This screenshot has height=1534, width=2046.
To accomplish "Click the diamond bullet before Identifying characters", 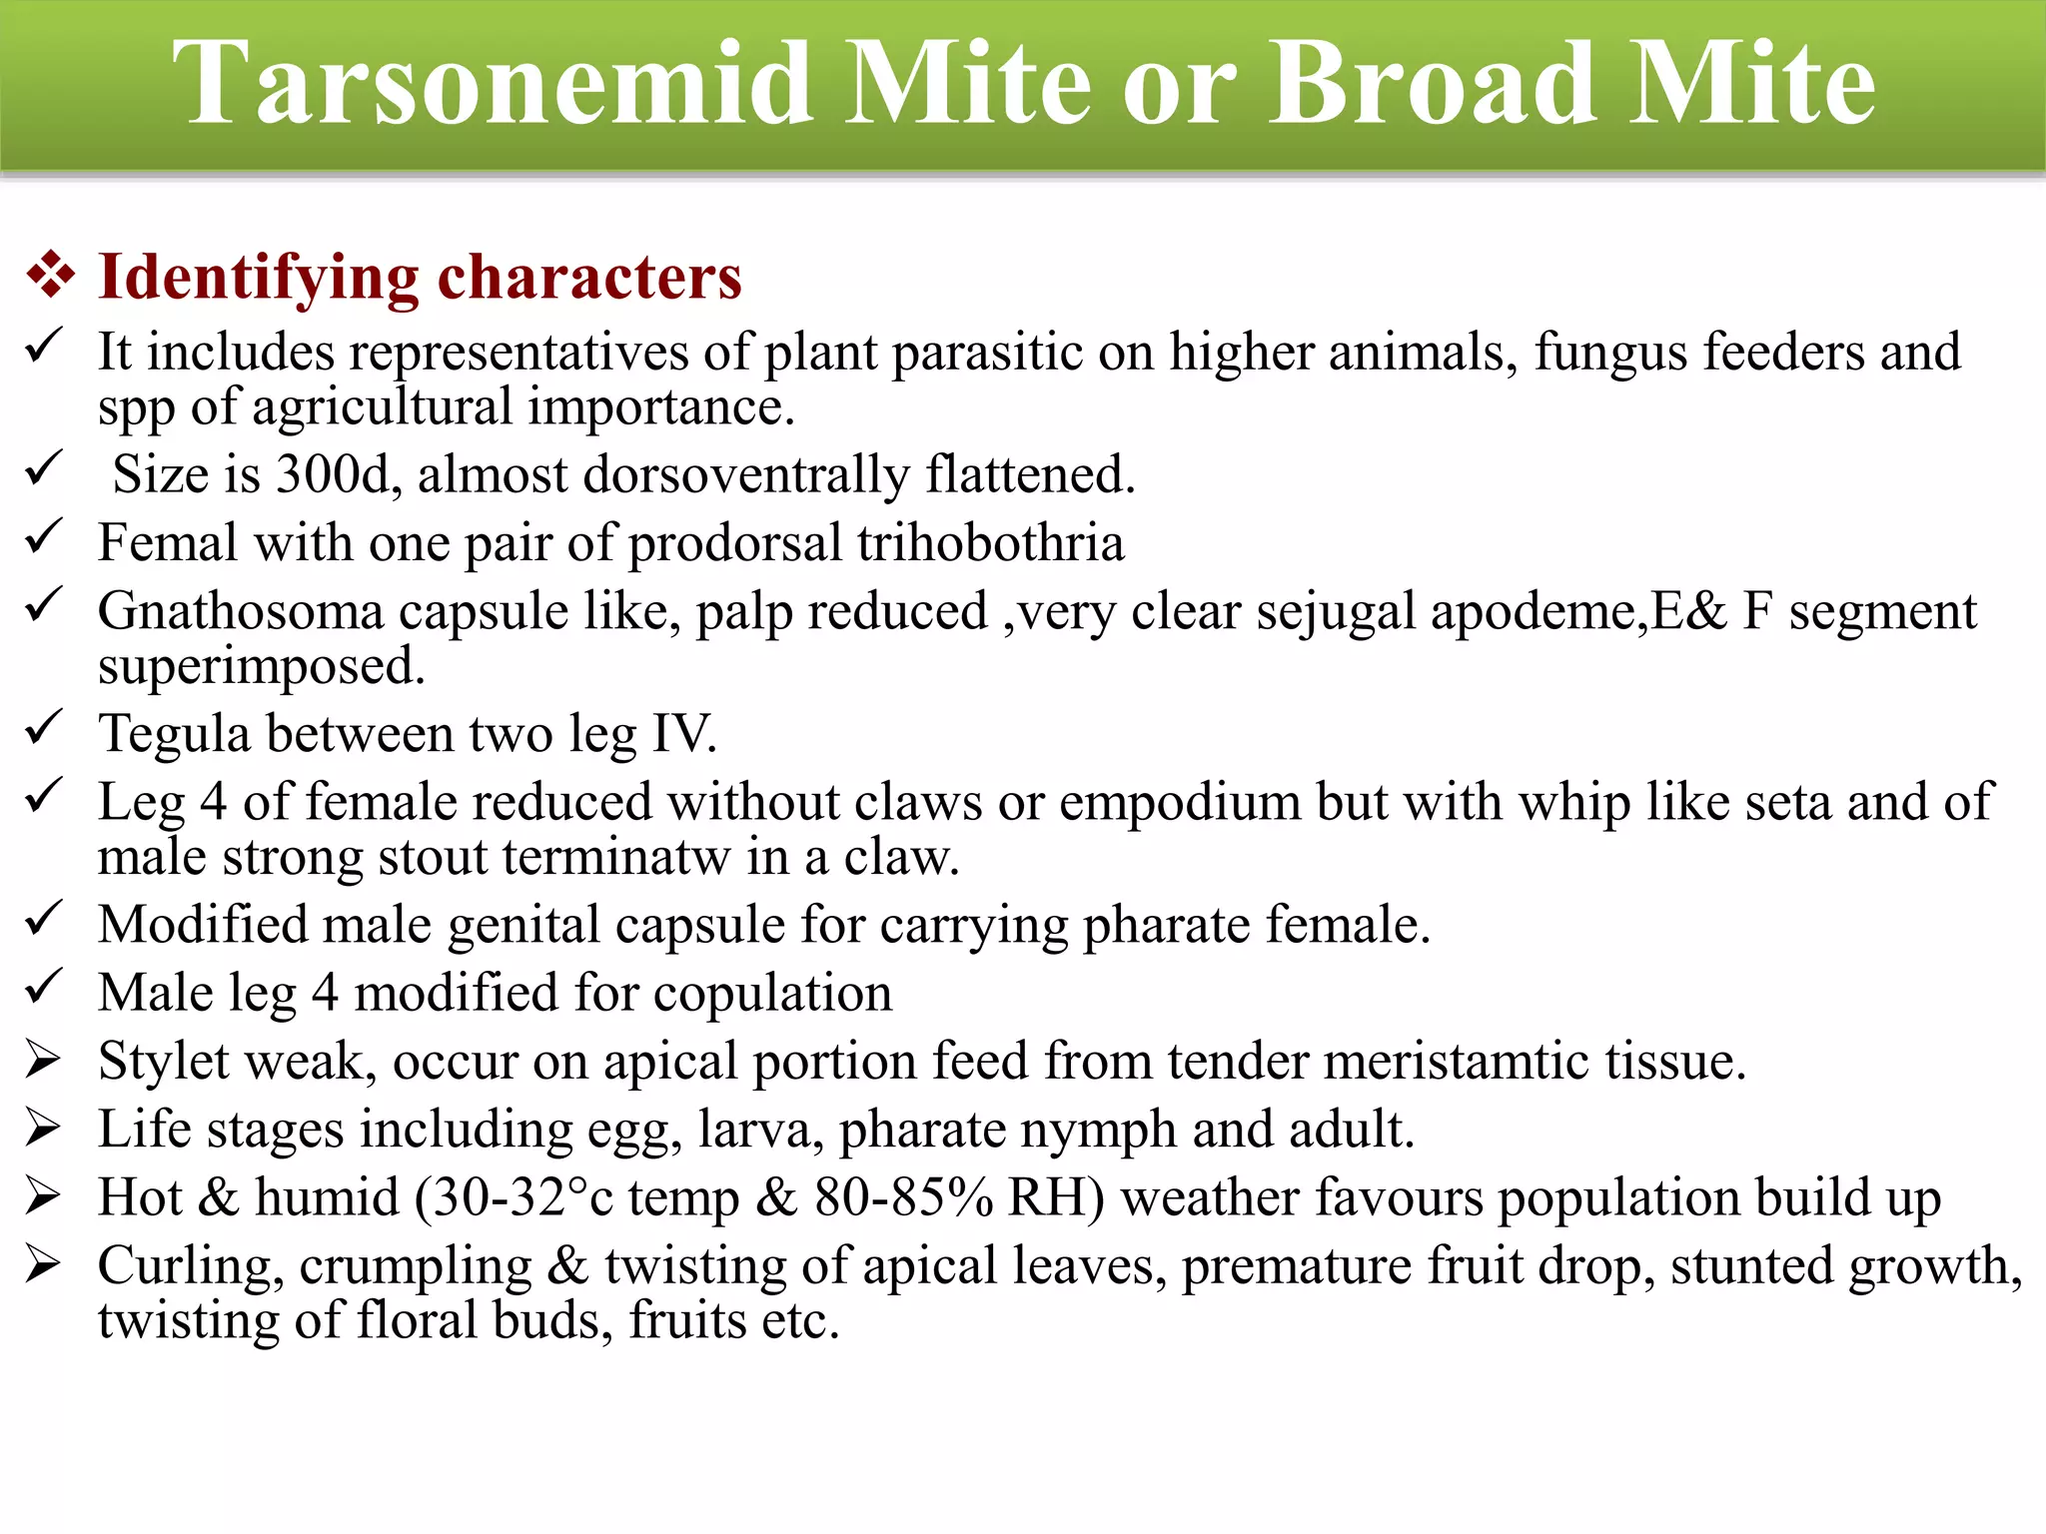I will tap(51, 276).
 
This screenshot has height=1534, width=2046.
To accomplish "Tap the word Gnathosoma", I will tap(240, 611).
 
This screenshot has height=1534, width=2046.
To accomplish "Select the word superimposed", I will tap(261, 666).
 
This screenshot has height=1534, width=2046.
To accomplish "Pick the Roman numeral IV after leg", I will tap(683, 734).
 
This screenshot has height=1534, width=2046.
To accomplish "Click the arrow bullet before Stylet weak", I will tap(43, 1061).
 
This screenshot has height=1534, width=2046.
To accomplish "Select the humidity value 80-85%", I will tap(903, 1198).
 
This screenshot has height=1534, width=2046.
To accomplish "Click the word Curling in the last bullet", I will tap(185, 1266).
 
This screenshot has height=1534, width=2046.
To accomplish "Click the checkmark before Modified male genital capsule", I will tap(43, 921).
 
